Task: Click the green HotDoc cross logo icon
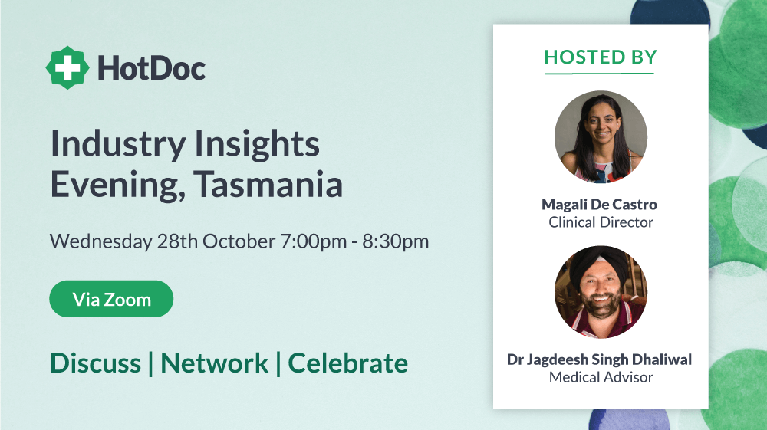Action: (67, 68)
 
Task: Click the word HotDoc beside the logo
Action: (152, 68)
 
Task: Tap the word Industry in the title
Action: (118, 145)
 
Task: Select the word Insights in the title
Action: (257, 145)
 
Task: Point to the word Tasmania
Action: (268, 184)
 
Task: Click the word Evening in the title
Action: (118, 185)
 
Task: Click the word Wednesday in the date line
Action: (101, 241)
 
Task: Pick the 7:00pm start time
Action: (314, 241)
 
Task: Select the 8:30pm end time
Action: (395, 241)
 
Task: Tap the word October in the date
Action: (239, 241)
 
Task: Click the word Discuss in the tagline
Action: (96, 363)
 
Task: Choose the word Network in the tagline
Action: (215, 363)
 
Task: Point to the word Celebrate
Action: (347, 363)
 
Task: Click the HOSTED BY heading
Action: (601, 57)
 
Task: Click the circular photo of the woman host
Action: (601, 136)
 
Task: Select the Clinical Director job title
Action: (601, 222)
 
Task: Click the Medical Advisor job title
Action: (601, 377)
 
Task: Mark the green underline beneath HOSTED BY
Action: (600, 74)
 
